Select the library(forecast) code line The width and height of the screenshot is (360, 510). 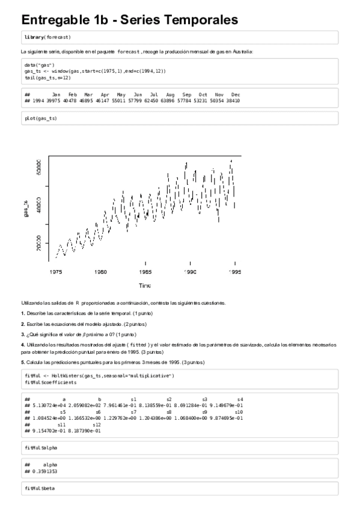pos(47,37)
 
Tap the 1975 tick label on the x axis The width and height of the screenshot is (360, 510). pos(56,272)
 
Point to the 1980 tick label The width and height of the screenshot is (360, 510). pos(101,272)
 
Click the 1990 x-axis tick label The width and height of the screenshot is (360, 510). pos(191,272)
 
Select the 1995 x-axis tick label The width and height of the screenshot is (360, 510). pos(235,272)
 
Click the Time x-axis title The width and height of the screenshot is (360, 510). pos(145,285)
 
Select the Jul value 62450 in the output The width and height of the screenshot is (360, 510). pos(154,100)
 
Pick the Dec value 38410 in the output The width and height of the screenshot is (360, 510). pos(233,100)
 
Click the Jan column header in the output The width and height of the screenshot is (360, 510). pos(56,94)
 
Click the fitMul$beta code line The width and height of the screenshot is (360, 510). pos(40,488)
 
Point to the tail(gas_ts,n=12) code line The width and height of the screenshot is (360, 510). pos(49,78)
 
